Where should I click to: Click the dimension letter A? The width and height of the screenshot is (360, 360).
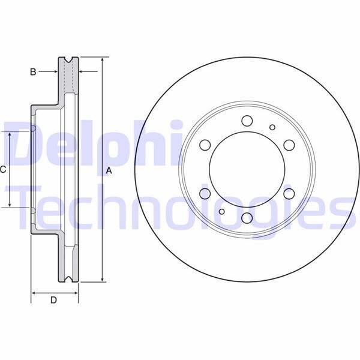109,170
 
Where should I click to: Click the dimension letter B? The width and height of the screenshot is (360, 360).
34,72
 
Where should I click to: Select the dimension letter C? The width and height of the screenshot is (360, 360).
3,169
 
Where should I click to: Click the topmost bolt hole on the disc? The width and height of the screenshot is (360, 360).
247,121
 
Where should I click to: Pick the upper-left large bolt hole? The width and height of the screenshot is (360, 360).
205,145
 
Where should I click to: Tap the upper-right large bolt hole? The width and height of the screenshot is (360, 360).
289,145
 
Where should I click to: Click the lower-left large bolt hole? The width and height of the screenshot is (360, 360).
205,193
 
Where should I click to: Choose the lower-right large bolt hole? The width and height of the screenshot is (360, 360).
289,193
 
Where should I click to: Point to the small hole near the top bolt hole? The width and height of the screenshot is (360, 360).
272,127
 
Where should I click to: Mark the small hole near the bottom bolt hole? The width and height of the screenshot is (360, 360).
222,211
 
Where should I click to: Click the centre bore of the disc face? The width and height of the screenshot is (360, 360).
247,169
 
